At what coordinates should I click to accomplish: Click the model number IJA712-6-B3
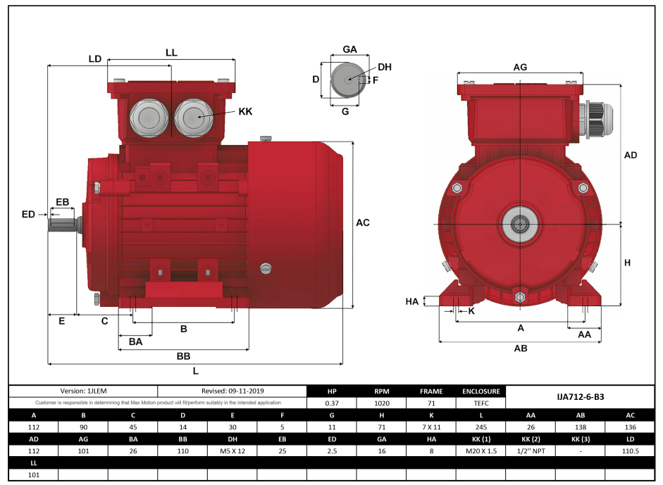pyautogui.click(x=580, y=397)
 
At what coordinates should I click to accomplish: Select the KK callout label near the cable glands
pyautogui.click(x=245, y=111)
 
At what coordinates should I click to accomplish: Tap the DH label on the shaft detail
pyautogui.click(x=384, y=68)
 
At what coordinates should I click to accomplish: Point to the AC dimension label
pyautogui.click(x=362, y=223)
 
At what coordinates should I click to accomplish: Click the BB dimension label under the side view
pyautogui.click(x=183, y=356)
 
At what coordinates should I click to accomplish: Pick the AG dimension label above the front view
pyautogui.click(x=520, y=67)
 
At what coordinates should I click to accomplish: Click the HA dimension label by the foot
pyautogui.click(x=412, y=301)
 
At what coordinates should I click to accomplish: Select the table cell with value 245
pyautogui.click(x=481, y=427)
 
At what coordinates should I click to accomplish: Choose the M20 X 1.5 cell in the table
pyautogui.click(x=481, y=451)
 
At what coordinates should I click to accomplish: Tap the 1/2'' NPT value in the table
pyautogui.click(x=531, y=451)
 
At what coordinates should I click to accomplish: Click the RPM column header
pyautogui.click(x=382, y=391)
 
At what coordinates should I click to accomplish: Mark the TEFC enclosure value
pyautogui.click(x=481, y=403)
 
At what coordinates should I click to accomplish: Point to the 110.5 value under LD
pyautogui.click(x=630, y=451)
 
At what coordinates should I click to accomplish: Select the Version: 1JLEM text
pyautogui.click(x=83, y=391)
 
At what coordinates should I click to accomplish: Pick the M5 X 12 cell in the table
pyautogui.click(x=233, y=451)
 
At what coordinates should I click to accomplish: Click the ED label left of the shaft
pyautogui.click(x=28, y=213)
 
